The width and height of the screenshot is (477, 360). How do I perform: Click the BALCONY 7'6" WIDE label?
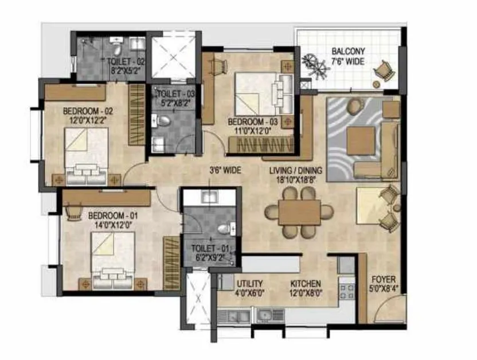click(x=348, y=56)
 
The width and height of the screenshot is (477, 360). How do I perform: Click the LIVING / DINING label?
click(x=296, y=174)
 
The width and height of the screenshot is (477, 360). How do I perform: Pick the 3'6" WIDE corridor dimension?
click(x=225, y=170)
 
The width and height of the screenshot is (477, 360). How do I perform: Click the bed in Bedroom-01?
click(x=114, y=261)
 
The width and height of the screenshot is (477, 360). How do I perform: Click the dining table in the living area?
click(x=299, y=212)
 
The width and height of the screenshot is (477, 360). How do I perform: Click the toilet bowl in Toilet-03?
click(x=162, y=121)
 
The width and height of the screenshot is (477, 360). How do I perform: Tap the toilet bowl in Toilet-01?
click(x=225, y=229)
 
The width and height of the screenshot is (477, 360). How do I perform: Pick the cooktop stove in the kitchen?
click(x=346, y=289)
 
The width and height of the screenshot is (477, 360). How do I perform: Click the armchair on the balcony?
click(x=384, y=73)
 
